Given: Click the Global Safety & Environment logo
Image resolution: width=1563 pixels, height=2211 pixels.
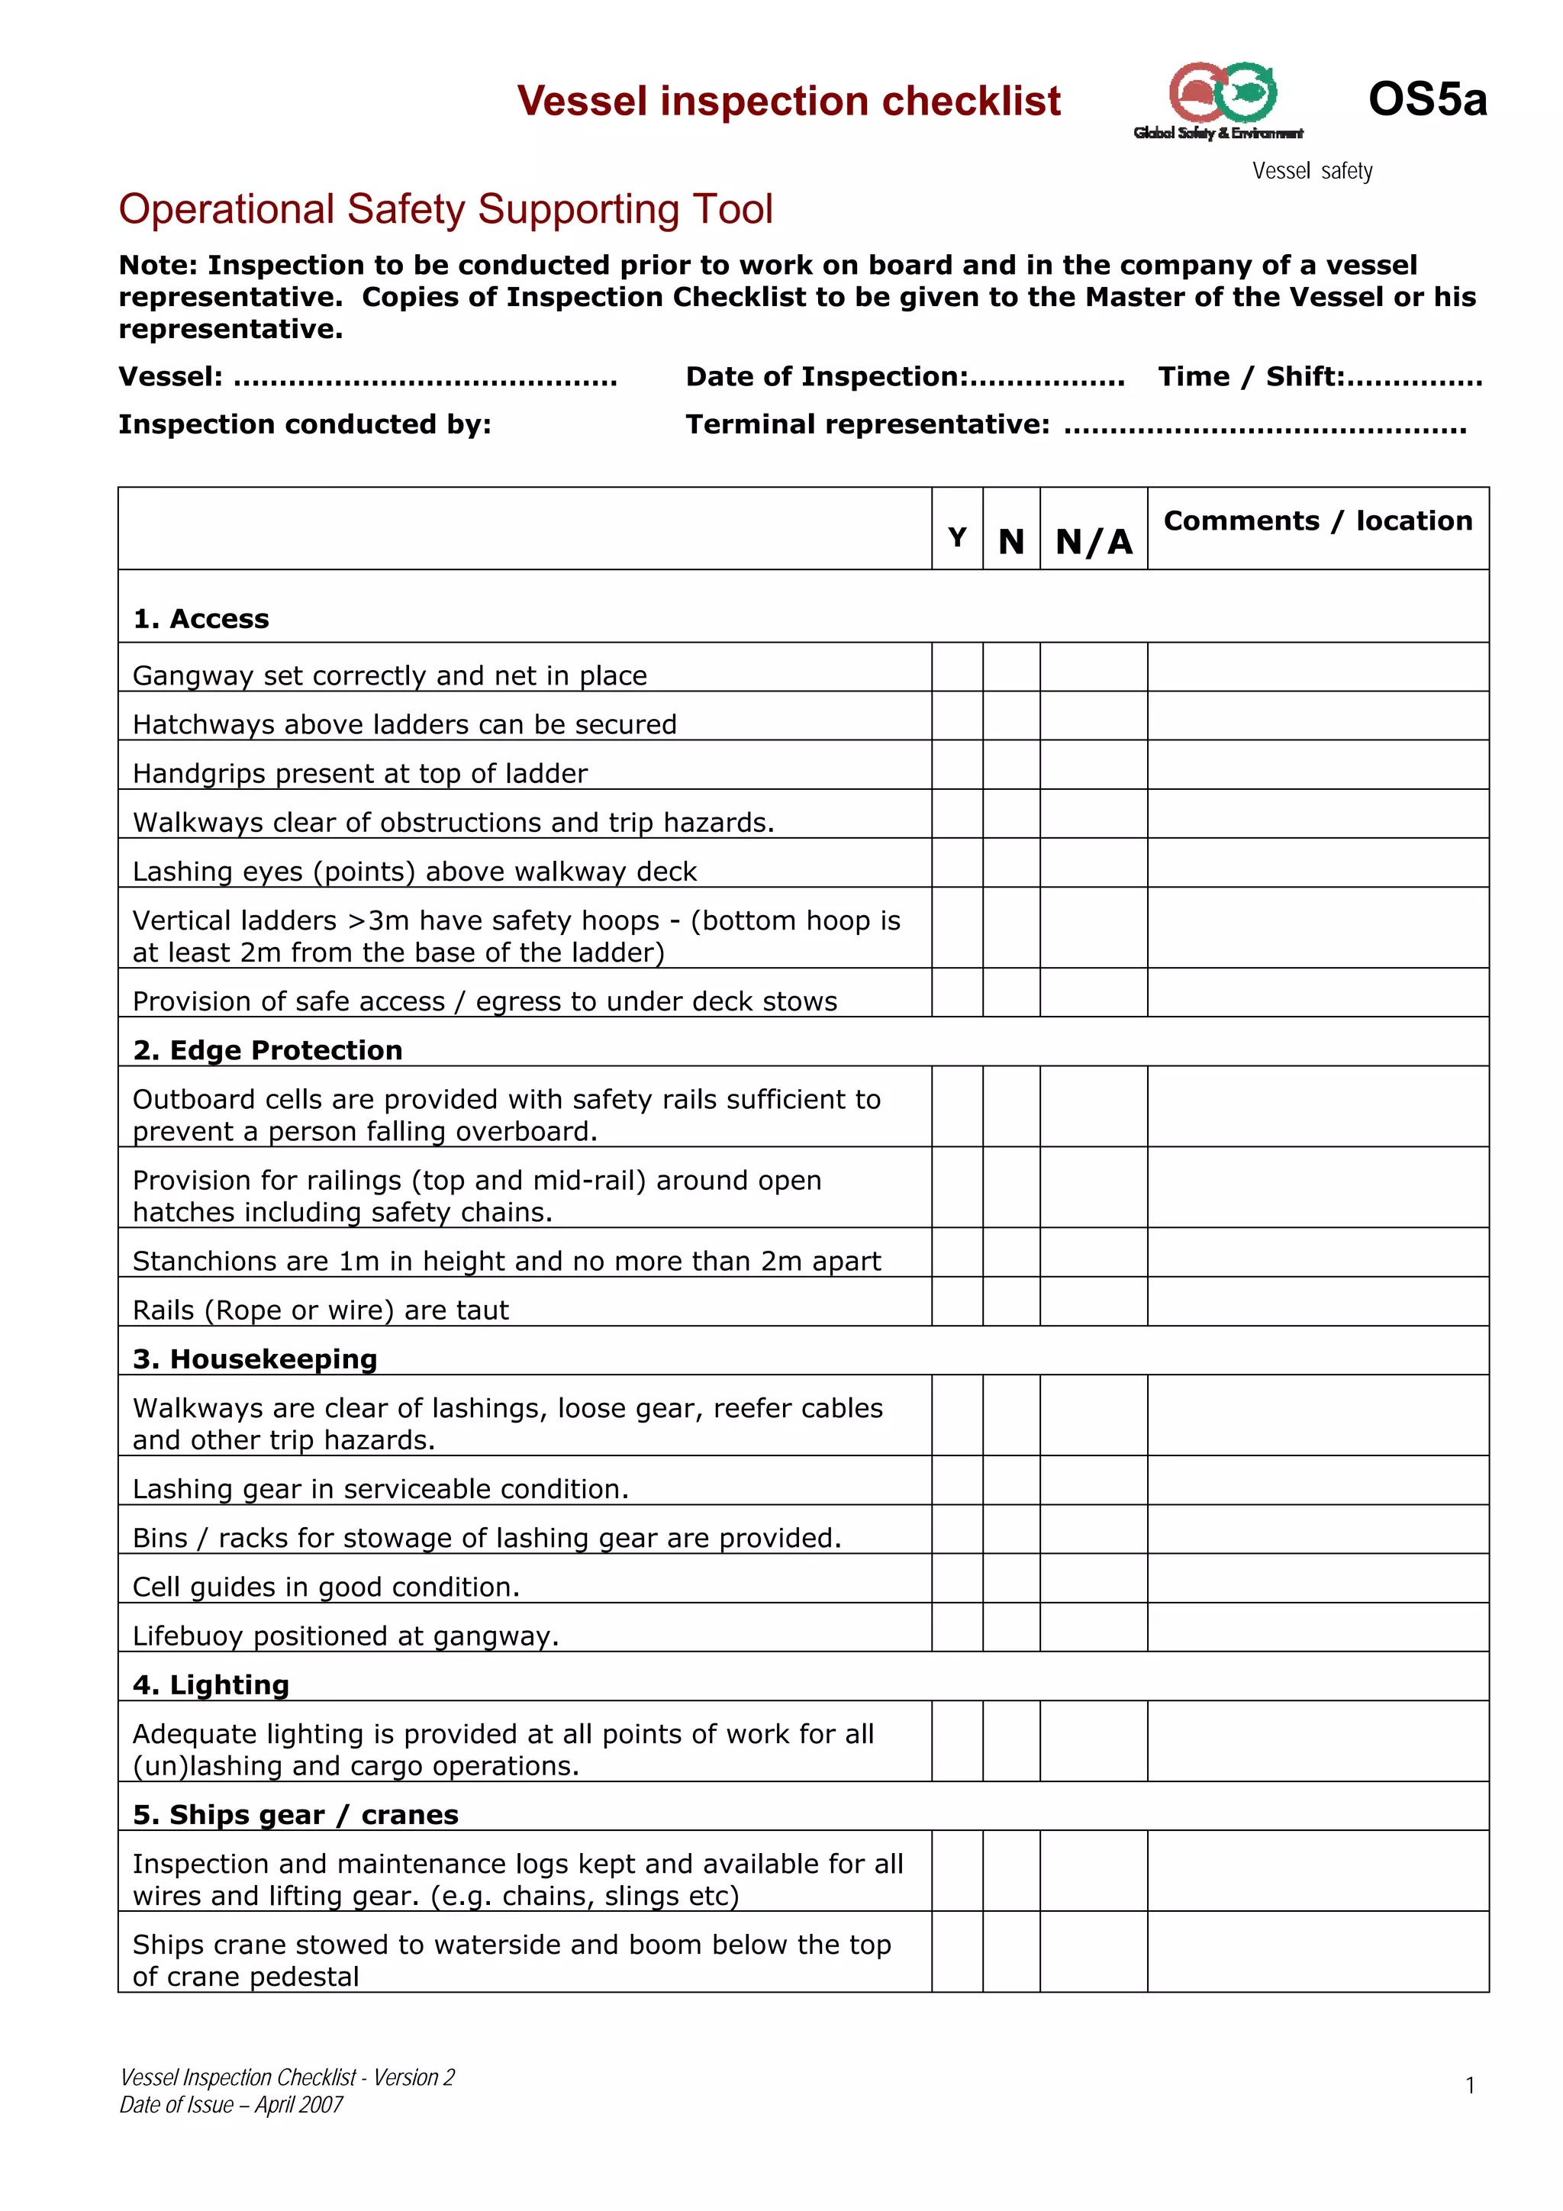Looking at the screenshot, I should (1220, 101).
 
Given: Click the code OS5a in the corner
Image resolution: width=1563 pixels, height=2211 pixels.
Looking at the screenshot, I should (1426, 99).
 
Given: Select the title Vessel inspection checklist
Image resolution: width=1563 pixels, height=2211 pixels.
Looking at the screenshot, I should (788, 101).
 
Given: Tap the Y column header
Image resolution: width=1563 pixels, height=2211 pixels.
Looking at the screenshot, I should (956, 537).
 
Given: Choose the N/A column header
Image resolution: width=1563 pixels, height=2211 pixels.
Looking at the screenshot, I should (1093, 541).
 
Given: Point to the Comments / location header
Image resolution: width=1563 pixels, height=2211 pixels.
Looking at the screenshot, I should (1316, 521).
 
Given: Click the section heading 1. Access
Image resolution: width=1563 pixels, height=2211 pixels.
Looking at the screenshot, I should (201, 618).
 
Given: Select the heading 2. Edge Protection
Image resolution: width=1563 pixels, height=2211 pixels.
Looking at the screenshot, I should (268, 1049).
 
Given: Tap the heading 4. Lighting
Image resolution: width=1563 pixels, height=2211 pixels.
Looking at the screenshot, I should (211, 1684).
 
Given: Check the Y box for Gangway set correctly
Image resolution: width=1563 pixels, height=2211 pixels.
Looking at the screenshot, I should (956, 666).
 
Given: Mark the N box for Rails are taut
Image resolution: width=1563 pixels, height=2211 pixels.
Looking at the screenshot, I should (1010, 1301).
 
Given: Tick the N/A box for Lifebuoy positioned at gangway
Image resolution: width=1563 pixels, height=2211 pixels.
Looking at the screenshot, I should (1093, 1626).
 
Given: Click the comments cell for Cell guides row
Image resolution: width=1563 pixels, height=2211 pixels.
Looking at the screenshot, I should (1316, 1578).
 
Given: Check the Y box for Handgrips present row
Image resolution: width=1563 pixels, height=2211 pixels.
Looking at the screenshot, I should (956, 765).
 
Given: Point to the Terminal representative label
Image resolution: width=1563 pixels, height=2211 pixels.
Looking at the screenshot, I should (867, 424).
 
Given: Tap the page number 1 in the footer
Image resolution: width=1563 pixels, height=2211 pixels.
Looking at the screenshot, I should (1470, 2085).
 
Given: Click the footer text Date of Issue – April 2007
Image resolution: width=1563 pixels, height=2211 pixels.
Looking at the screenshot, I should (231, 2104).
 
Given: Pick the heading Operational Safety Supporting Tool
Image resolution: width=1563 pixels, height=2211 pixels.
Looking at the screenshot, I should (445, 209).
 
